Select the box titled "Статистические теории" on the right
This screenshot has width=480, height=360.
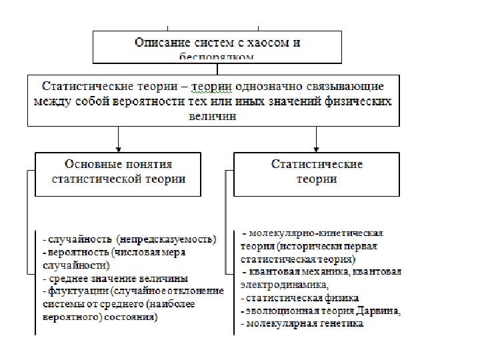coord(317,173)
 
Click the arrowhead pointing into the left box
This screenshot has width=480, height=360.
coord(118,147)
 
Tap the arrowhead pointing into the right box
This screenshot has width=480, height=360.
coord(316,147)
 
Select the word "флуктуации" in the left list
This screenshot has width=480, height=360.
coord(75,291)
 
